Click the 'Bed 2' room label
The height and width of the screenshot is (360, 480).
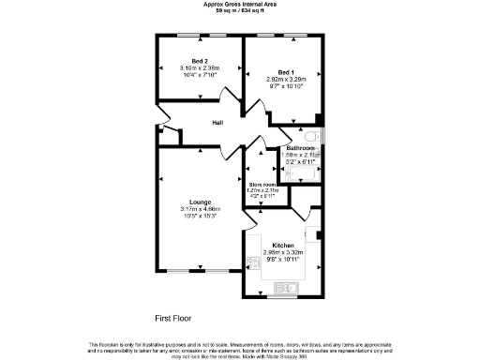pyautogui.click(x=199, y=61)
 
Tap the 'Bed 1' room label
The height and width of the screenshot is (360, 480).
pyautogui.click(x=287, y=71)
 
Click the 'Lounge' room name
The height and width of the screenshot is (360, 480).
pyautogui.click(x=199, y=202)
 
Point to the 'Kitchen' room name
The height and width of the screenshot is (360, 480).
pyautogui.click(x=284, y=245)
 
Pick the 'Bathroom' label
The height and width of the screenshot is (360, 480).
pyautogui.click(x=301, y=148)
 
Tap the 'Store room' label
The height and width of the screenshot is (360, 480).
pyautogui.click(x=262, y=185)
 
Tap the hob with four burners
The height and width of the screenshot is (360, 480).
pyautogui.click(x=251, y=263)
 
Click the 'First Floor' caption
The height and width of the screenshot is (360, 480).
pyautogui.click(x=174, y=319)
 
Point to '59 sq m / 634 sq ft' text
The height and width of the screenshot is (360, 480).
pyautogui.click(x=239, y=10)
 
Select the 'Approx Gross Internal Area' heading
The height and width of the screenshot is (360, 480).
pyautogui.click(x=239, y=4)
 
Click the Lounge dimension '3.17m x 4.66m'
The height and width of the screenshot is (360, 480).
pyautogui.click(x=199, y=208)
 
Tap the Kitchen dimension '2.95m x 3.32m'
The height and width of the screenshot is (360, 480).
pyautogui.click(x=284, y=252)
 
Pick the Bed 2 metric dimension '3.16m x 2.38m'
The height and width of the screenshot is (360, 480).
pyautogui.click(x=199, y=68)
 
